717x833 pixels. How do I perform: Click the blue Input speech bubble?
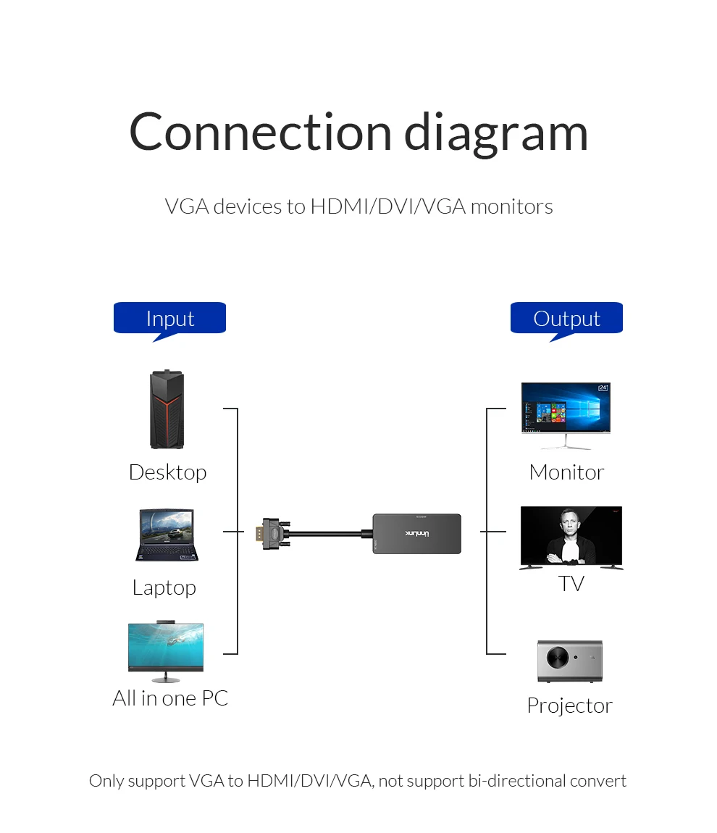tap(169, 319)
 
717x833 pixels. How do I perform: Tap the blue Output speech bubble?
tap(566, 319)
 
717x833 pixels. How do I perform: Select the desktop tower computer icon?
tap(167, 409)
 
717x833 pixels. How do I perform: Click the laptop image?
tap(167, 535)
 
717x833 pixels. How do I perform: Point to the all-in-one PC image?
tap(166, 651)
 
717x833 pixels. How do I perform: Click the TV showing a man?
tap(571, 537)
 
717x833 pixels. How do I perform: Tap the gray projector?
tap(570, 661)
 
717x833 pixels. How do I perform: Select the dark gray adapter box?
tap(417, 533)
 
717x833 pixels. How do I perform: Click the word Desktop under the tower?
tap(168, 472)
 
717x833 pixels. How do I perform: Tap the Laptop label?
tap(164, 588)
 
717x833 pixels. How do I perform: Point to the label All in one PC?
tap(170, 698)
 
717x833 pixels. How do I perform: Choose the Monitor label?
tap(566, 472)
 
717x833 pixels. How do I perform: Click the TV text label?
tap(571, 583)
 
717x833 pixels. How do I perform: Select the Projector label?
tap(570, 706)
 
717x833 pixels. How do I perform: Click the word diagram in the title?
tap(496, 133)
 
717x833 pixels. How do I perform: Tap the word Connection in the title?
tap(260, 132)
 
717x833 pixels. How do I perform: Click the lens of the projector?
tap(558, 657)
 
